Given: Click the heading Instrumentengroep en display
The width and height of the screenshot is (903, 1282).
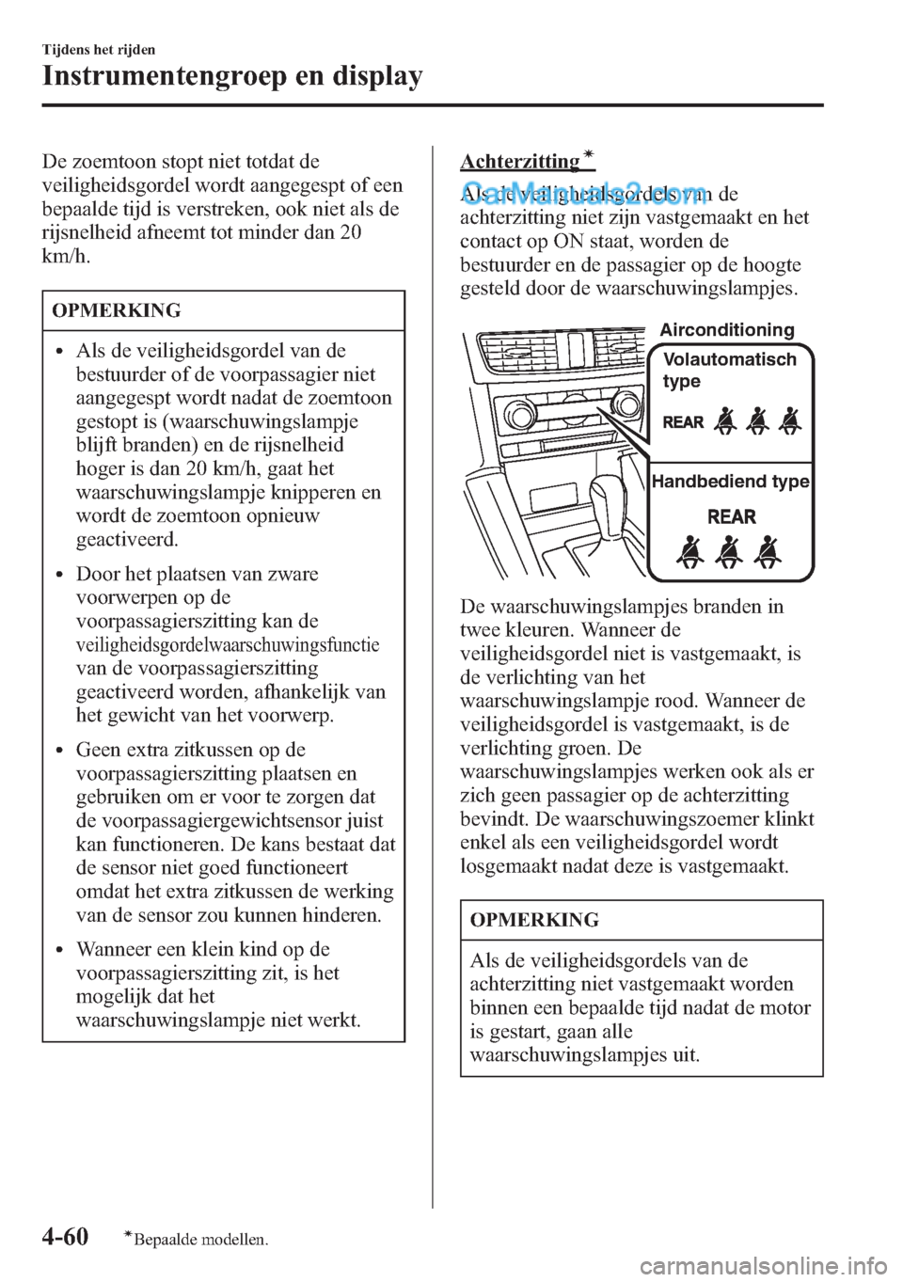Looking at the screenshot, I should click(232, 75).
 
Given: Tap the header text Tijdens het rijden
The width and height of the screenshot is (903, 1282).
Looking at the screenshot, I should click(99, 49).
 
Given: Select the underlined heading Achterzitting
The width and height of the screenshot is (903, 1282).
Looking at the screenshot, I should click(520, 161).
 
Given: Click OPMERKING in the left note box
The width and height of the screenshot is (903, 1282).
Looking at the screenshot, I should click(117, 310).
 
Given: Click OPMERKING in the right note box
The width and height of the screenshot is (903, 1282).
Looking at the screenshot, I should click(534, 920).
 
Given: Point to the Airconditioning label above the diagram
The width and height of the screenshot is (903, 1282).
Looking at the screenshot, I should click(726, 329).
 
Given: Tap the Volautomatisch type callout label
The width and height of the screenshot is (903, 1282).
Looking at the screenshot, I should click(729, 370).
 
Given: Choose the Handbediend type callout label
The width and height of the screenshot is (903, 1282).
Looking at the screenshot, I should click(730, 482).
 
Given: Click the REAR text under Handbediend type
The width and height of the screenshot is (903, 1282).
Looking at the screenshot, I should click(731, 516).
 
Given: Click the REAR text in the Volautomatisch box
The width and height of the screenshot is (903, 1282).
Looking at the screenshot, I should click(683, 422).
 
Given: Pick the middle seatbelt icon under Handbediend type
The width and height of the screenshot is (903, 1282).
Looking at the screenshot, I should click(729, 552).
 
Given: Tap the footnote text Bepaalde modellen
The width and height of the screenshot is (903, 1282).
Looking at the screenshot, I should click(199, 1240).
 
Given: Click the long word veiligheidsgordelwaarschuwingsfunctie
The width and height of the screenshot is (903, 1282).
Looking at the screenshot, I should click(227, 645).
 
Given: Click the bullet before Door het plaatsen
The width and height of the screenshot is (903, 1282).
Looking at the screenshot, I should click(61, 575).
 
